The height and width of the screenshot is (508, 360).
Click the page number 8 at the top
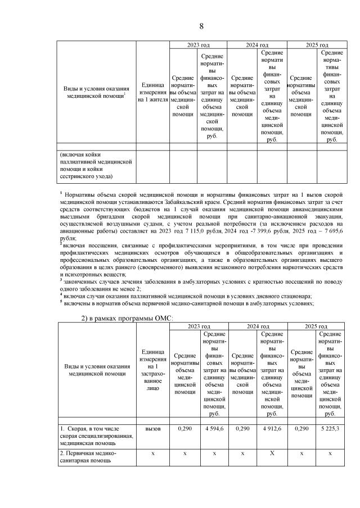[x=201, y=26]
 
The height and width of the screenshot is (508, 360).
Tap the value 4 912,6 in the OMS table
[x=272, y=429]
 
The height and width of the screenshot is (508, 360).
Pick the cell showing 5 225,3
[x=330, y=429]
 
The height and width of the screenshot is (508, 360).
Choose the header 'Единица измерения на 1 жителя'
[x=152, y=92]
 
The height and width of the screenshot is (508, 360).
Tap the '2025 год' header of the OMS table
[x=316, y=326]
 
